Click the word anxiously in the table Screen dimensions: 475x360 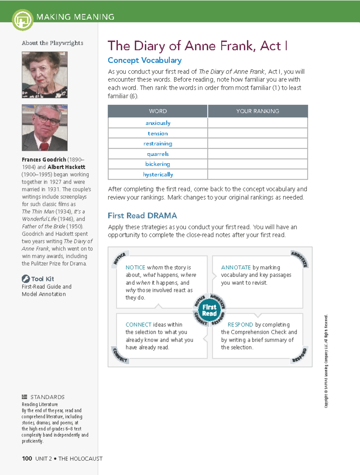tap(158, 123)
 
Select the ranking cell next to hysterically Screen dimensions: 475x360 tap(257, 174)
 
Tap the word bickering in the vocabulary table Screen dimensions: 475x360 tap(157, 164)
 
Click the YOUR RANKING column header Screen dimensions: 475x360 tap(257, 111)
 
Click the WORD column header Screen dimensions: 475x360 tap(158, 111)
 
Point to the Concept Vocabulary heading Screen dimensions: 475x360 tap(145, 60)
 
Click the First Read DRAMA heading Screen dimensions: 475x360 tap(142, 215)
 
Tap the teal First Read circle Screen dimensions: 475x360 tap(209, 310)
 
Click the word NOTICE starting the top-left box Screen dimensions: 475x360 tap(135, 267)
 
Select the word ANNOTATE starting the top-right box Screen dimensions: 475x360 tap(236, 267)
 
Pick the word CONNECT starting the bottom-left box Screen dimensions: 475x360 tap(138, 325)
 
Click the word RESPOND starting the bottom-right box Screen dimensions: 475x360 tap(240, 325)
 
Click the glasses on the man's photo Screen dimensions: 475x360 tap(47, 119)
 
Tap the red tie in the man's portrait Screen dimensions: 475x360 tap(44, 146)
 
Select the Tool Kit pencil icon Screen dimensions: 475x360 tap(25, 279)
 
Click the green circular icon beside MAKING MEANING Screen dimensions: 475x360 tap(22, 20)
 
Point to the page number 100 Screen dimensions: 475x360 tap(27, 458)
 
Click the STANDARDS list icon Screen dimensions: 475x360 tap(25, 397)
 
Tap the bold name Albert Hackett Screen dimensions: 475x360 tap(66, 167)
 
